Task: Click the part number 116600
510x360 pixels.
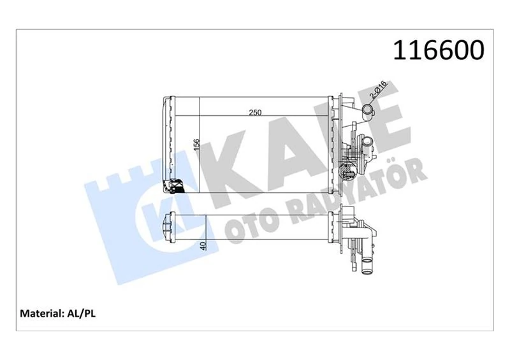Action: pyautogui.click(x=439, y=50)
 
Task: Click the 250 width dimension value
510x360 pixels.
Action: pyautogui.click(x=256, y=113)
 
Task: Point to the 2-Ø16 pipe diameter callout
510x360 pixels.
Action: pyautogui.click(x=381, y=91)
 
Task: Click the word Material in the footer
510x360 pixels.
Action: pyautogui.click(x=41, y=313)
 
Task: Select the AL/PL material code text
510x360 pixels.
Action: pyautogui.click(x=82, y=313)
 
